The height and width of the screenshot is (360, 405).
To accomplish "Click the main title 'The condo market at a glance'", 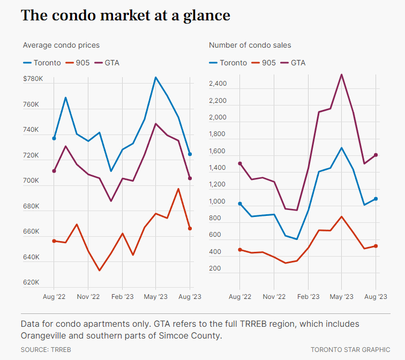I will pos(125,16).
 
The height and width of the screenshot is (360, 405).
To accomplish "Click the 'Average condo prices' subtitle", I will pos(61,46).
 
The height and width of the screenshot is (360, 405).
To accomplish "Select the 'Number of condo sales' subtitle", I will pos(250,46).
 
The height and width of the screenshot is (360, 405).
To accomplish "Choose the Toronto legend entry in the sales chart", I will pos(228,63).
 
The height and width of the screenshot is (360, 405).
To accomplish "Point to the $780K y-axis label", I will pos(33,79).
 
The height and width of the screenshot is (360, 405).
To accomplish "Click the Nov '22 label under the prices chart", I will pos(88,296).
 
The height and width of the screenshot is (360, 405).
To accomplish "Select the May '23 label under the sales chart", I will pos(341,296).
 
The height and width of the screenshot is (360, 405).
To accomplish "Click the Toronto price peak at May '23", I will pos(156,78).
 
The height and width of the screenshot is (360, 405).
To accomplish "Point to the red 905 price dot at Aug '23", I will pos(190,229).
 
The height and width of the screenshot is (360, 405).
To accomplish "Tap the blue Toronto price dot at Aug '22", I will pos(54,138).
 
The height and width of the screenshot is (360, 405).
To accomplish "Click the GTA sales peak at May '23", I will pos(342,74).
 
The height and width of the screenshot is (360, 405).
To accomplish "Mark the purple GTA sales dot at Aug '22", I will pos(240,163).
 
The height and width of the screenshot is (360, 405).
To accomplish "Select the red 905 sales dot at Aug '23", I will pos(376,246).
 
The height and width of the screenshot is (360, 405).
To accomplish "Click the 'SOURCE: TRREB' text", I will pos(46,349).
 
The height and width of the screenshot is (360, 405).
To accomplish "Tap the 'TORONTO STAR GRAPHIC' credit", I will pos(350,349).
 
